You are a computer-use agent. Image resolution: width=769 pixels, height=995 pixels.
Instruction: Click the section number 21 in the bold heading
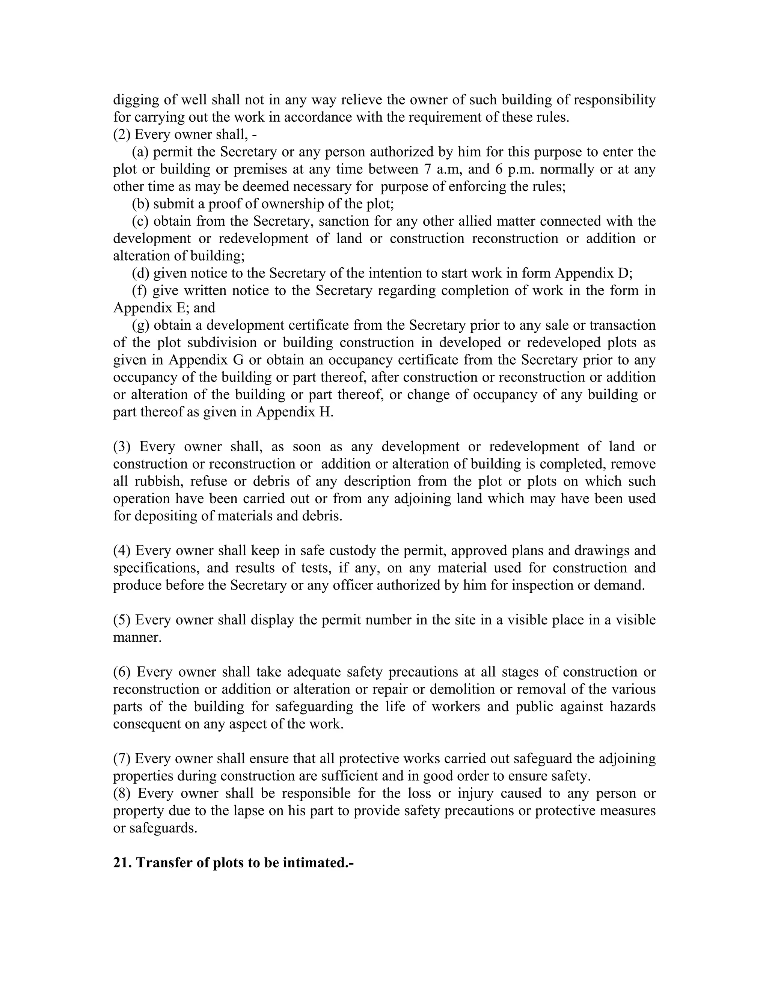121,863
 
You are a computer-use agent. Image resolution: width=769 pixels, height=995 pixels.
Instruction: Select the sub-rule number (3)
122,446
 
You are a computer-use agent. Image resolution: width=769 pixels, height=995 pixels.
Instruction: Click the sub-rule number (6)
122,672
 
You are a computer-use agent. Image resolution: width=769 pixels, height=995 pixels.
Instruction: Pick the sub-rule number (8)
122,793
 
